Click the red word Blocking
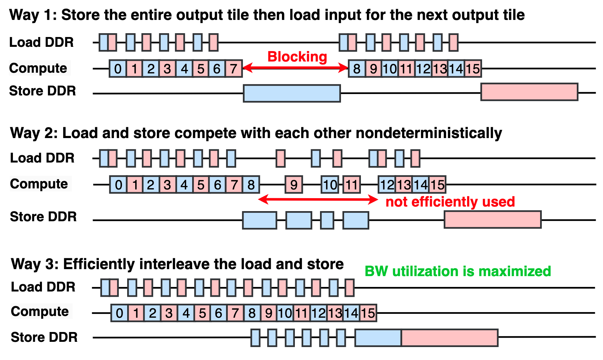pyautogui.click(x=297, y=57)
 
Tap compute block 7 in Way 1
pyautogui.click(x=234, y=69)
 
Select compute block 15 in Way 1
pyautogui.click(x=473, y=69)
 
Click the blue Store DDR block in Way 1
pyautogui.click(x=292, y=93)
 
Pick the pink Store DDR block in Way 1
pyautogui.click(x=529, y=92)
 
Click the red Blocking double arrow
pyautogui.click(x=296, y=68)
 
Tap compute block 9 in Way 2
pyautogui.click(x=294, y=185)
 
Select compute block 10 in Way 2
pyautogui.click(x=330, y=185)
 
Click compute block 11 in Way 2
pyautogui.click(x=352, y=185)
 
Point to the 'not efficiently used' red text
pyautogui.click(x=450, y=202)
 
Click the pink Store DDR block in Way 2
pyautogui.click(x=493, y=219)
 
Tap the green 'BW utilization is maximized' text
pyautogui.click(x=458, y=271)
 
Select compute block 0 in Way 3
pyautogui.click(x=119, y=313)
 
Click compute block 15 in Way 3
pyautogui.click(x=368, y=313)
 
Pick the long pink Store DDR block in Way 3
pyautogui.click(x=450, y=338)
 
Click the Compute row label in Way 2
pyautogui.click(x=39, y=184)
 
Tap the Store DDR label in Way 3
pyautogui.click(x=44, y=337)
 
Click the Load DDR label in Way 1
pyautogui.click(x=41, y=42)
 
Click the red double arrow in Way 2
pyautogui.click(x=318, y=200)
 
